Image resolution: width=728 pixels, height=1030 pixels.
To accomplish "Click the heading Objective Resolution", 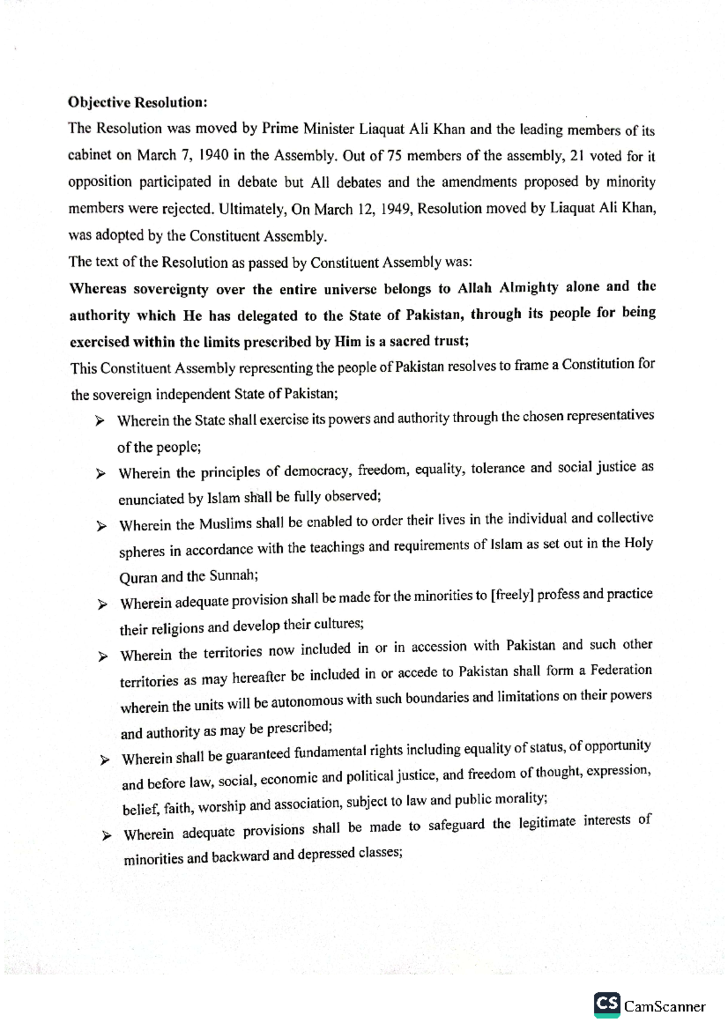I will coord(138,102).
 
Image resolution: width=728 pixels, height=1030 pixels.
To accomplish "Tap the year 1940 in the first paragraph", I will coord(214,155).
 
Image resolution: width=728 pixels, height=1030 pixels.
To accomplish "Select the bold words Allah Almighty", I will coord(507,288).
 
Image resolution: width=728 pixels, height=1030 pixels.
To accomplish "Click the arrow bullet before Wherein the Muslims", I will coord(101,526).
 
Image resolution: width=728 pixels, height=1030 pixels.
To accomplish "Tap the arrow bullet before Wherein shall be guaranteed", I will coord(105,759).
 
